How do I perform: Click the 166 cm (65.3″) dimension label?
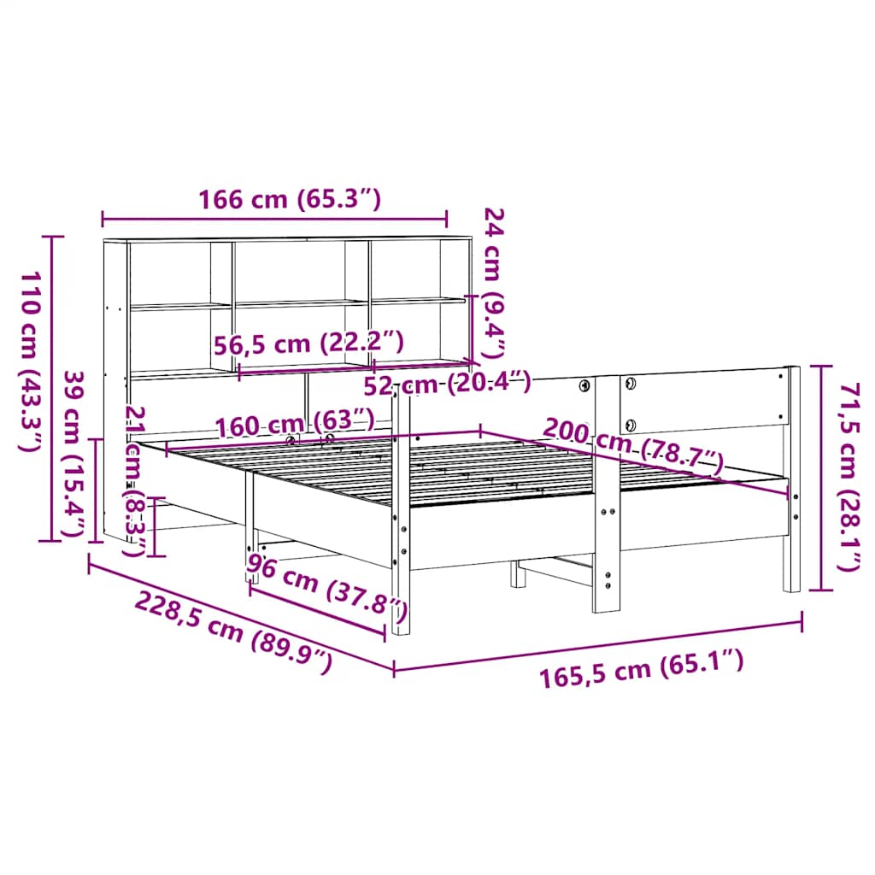pyautogui.click(x=290, y=199)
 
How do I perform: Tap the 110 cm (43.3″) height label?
pyautogui.click(x=31, y=361)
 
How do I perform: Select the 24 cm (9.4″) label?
pyautogui.click(x=495, y=283)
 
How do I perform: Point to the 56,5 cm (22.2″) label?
pyautogui.click(x=308, y=344)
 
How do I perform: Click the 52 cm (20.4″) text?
pyautogui.click(x=447, y=384)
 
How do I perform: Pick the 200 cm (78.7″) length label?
pyautogui.click(x=633, y=446)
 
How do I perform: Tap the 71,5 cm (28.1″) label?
pyautogui.click(x=849, y=477)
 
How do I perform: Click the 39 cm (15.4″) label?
pyautogui.click(x=73, y=454)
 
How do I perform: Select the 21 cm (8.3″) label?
pyautogui.click(x=135, y=481)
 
